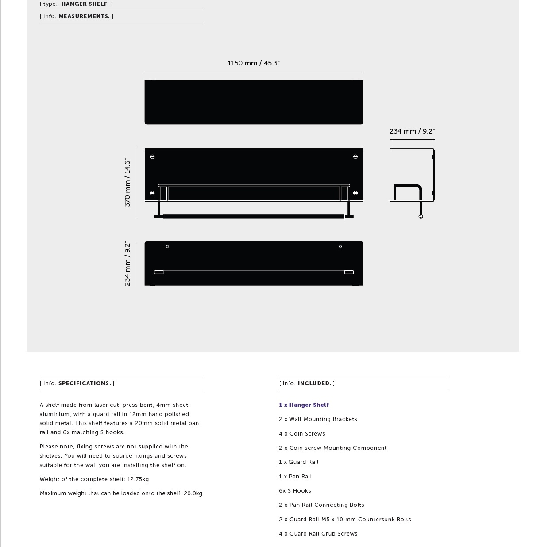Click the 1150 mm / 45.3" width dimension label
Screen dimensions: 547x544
coord(254,63)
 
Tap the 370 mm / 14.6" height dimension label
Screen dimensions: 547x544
coord(127,182)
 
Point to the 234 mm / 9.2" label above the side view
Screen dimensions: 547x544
coord(412,131)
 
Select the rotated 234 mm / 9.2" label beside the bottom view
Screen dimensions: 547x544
coord(127,264)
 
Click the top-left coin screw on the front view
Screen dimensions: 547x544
coord(153,157)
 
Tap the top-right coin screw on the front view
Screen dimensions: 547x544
coord(355,157)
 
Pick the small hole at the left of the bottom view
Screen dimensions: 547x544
coord(167,246)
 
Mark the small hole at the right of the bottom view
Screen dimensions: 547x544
coord(340,246)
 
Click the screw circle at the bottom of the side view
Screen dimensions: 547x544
coord(421,217)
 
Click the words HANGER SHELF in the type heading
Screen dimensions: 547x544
coord(85,4)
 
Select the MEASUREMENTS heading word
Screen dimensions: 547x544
coord(84,16)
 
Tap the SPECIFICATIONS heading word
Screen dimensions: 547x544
coord(85,383)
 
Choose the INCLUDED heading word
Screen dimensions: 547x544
coord(314,383)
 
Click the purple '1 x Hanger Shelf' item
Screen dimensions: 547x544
coord(304,405)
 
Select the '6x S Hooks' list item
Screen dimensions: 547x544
coord(295,491)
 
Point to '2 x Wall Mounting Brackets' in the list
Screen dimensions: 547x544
coord(318,419)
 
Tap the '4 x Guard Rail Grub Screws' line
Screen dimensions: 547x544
coord(318,534)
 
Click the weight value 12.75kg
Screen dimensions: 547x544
coord(138,479)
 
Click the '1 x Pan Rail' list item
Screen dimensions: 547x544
coord(295,477)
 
